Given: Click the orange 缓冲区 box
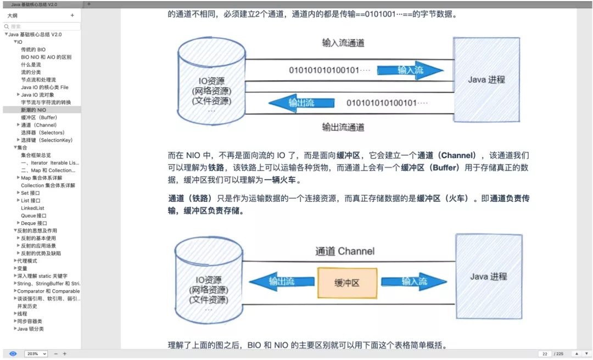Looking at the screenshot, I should coord(347,283).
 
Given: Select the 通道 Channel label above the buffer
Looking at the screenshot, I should coord(345,251).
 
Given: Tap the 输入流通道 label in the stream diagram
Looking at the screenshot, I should coord(343,43).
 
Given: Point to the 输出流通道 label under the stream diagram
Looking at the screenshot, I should coord(343,127).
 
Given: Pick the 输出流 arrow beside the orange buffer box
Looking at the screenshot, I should coord(281,282).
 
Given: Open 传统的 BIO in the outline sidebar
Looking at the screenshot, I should coord(33,49).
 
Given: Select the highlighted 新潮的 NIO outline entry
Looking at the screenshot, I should coord(33,110).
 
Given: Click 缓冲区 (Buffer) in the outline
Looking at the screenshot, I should coord(39,117).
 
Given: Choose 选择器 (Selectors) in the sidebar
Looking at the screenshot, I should coord(43,132).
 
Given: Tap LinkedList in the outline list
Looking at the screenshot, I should coord(32,208).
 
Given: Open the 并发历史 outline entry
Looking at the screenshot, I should coord(27,306).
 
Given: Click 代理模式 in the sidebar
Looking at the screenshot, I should coord(27,261).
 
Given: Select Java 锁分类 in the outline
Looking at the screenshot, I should coord(30,329).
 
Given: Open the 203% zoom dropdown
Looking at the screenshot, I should coord(36,354).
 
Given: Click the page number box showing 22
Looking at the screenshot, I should coord(545,354).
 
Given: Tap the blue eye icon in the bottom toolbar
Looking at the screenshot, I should coord(13,354).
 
